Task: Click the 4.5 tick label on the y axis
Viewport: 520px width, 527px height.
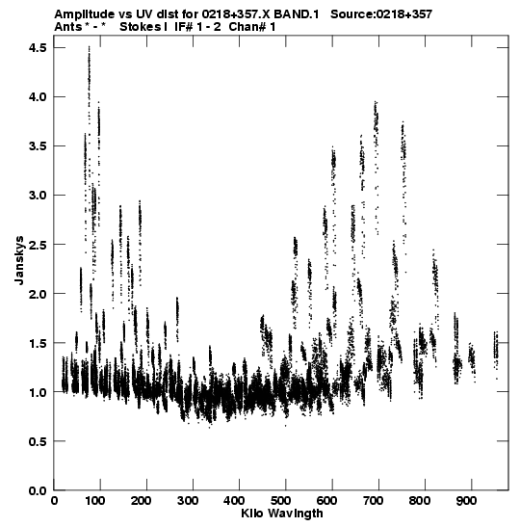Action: click(x=38, y=48)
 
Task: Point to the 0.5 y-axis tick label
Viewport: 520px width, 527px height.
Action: click(x=38, y=441)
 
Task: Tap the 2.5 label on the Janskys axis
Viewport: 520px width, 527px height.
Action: click(x=38, y=245)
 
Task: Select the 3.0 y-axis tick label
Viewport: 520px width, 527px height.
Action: click(x=38, y=196)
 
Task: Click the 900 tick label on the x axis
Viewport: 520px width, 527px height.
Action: click(x=466, y=501)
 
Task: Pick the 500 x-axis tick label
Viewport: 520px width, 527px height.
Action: click(x=281, y=501)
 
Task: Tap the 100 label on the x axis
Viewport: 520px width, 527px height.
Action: click(x=95, y=501)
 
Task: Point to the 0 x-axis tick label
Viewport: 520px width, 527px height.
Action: click(x=55, y=501)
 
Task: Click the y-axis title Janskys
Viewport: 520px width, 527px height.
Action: click(x=19, y=260)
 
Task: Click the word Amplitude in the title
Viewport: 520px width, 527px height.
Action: click(x=84, y=14)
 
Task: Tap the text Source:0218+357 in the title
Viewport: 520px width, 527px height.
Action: click(x=381, y=14)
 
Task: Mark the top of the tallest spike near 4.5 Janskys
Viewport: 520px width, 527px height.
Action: click(x=89, y=46)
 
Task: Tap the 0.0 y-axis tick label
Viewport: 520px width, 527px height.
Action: click(x=38, y=490)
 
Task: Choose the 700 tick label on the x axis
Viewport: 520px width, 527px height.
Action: click(x=374, y=501)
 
